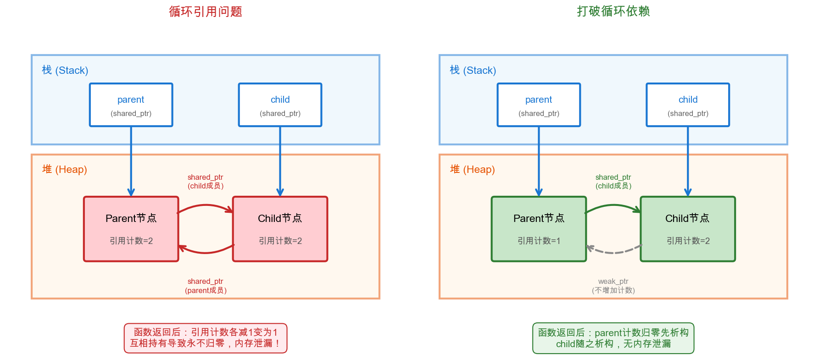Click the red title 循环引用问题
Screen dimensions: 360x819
[x=205, y=11]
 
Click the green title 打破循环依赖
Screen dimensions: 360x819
[x=613, y=11]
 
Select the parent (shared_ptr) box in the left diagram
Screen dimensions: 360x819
[x=131, y=105]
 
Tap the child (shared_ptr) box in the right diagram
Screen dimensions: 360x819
[x=687, y=105]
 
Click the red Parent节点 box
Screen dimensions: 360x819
[x=131, y=229]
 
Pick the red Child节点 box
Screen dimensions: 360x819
[x=280, y=229]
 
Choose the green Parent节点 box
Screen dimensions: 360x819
[x=539, y=229]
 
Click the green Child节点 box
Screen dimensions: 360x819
[x=687, y=229]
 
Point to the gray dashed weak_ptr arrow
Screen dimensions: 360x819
[x=613, y=252]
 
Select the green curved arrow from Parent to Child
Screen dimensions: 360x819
[x=613, y=205]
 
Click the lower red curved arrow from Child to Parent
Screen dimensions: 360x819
[x=206, y=252]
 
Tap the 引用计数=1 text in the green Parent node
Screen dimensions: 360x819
[x=539, y=241]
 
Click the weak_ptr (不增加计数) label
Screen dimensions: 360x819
[x=613, y=286]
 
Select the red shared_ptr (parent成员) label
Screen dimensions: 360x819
[x=206, y=286]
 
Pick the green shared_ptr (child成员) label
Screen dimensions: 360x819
[x=613, y=182]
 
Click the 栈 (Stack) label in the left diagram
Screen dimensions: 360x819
[x=65, y=70]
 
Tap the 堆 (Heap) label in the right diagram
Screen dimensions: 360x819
[x=472, y=169]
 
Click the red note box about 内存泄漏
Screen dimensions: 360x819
[x=205, y=338]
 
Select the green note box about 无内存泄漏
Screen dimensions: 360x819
[x=613, y=338]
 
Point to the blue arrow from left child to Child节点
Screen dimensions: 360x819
[x=280, y=161]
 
